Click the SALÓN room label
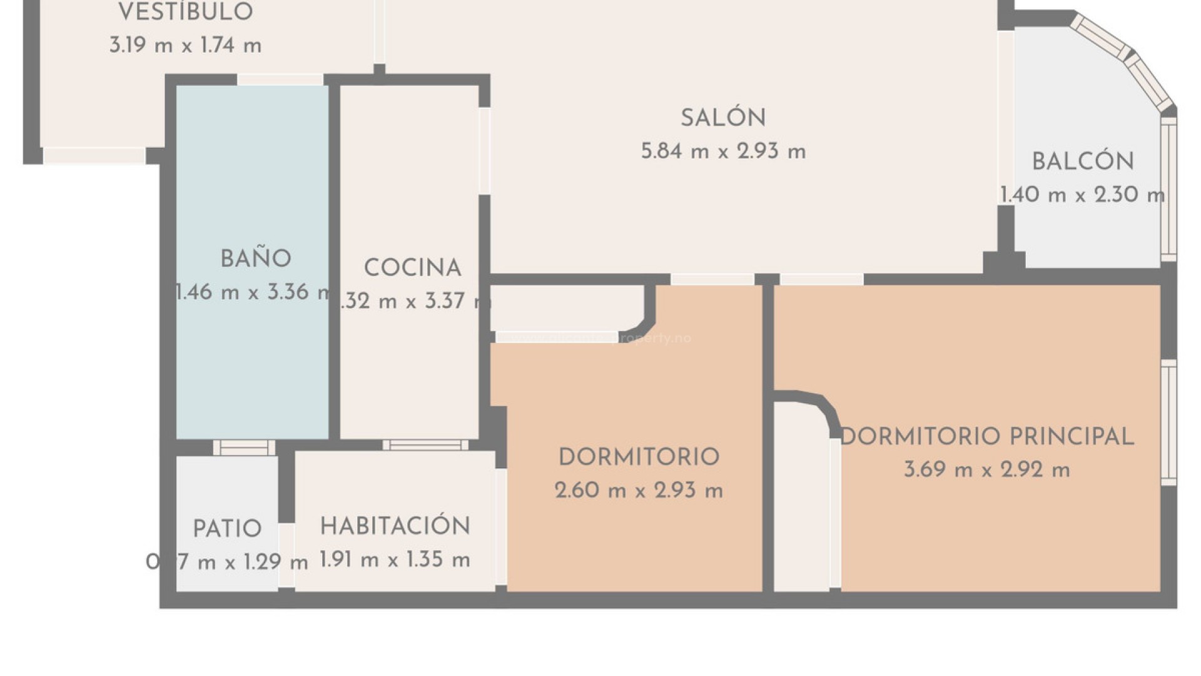pos(723,118)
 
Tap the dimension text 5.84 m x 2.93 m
pos(723,151)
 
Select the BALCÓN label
pos(1083,161)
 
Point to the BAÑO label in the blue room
pos(256,259)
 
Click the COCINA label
pos(412,268)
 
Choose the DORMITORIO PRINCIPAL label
pos(986,437)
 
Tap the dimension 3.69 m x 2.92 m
pos(986,470)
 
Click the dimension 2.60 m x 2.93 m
pos(639,491)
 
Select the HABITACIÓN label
pos(395,526)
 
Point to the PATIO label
pos(227,530)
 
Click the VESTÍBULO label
pos(186,12)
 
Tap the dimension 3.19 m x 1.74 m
pos(186,46)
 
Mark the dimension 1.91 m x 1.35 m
pos(395,560)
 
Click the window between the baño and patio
pos(244,447)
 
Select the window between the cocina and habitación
pos(425,445)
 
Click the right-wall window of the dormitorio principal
pos(1168,422)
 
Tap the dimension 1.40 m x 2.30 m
pos(1083,195)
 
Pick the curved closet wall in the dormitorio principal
pos(824,407)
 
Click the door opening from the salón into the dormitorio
pos(712,279)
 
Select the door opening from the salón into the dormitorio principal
pos(821,279)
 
